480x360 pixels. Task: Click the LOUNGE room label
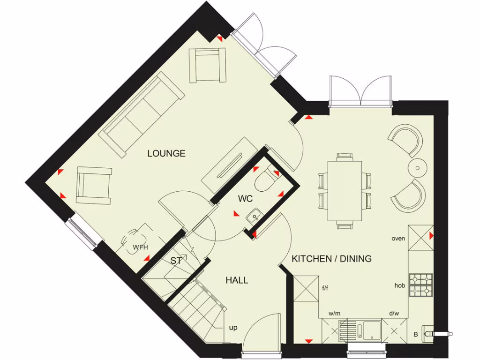(x=166, y=153)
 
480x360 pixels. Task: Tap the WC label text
(x=245, y=199)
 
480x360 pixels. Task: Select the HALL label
(x=237, y=280)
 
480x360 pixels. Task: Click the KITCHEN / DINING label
(x=331, y=259)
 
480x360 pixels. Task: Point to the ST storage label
(x=176, y=261)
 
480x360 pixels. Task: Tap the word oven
(x=398, y=239)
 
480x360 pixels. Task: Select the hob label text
(x=399, y=285)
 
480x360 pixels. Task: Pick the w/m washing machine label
(x=334, y=313)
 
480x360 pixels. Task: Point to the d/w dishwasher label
(x=394, y=313)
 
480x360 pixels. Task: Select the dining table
(x=345, y=191)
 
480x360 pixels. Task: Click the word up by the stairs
(x=233, y=328)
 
